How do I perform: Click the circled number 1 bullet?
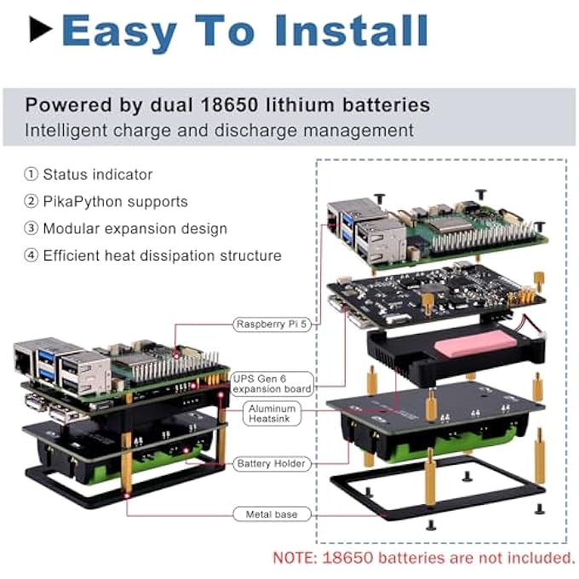tap(31, 175)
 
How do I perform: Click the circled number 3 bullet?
tap(31, 228)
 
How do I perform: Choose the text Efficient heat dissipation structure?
tap(162, 255)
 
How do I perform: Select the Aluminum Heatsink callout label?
tap(272, 414)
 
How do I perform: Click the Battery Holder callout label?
tap(272, 463)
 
